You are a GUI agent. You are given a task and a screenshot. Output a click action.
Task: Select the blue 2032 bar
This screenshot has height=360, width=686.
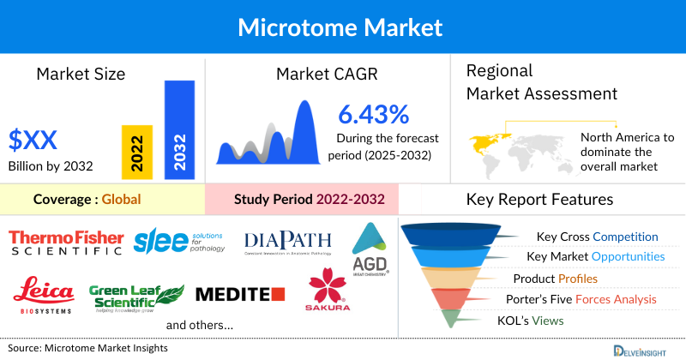(x=179, y=129)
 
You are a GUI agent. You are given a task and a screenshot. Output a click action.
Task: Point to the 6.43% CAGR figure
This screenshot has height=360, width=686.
(x=373, y=114)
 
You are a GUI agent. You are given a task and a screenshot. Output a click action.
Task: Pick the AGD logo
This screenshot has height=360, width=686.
(x=370, y=249)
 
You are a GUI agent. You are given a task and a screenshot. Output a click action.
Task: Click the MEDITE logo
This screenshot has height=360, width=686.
(x=239, y=295)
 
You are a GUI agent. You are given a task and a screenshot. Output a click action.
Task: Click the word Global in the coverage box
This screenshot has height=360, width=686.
(x=121, y=199)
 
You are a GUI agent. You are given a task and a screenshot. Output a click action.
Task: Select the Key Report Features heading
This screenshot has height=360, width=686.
(x=539, y=199)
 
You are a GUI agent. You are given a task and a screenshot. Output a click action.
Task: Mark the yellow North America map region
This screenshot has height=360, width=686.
(x=487, y=139)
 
